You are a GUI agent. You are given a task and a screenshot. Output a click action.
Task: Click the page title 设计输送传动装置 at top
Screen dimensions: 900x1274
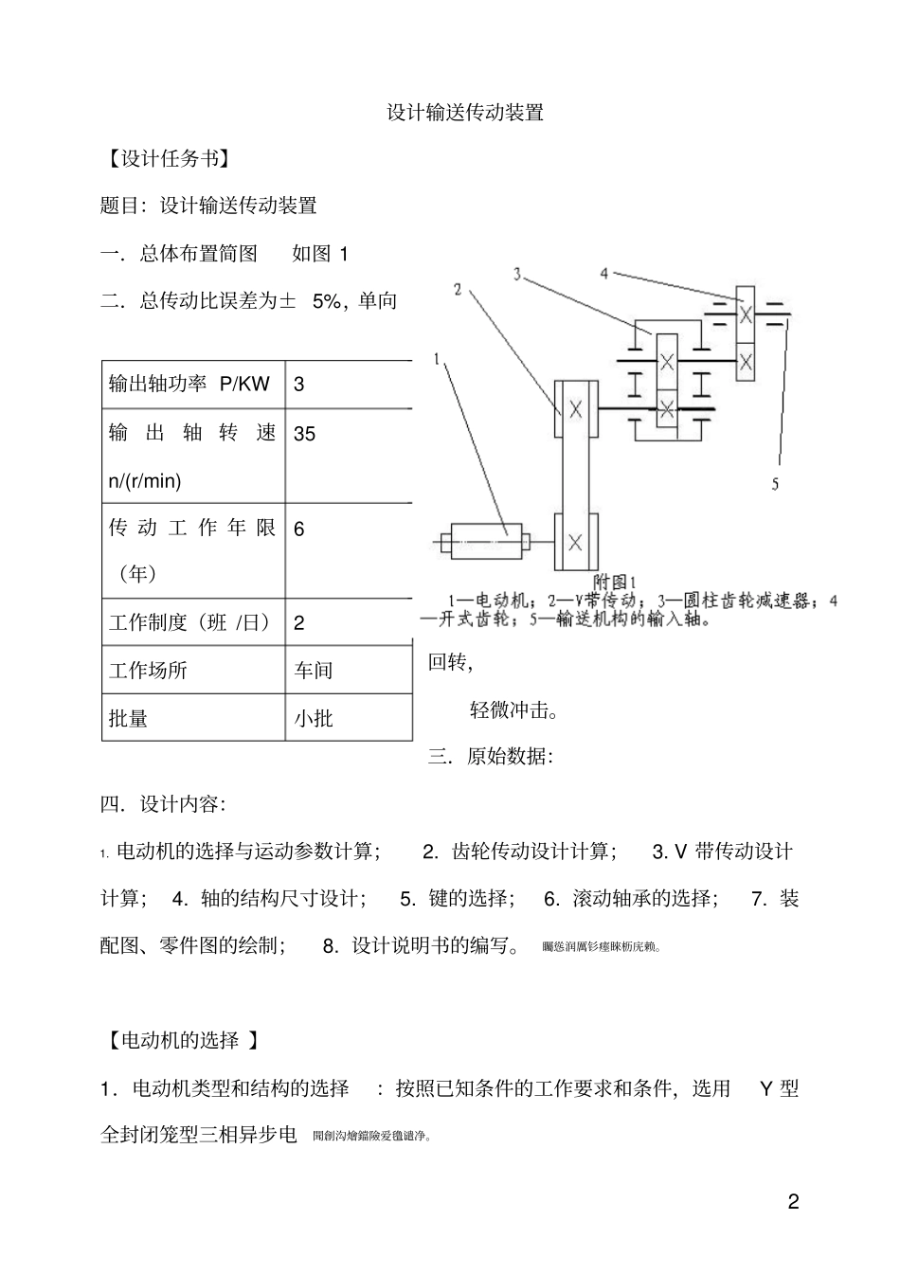pyautogui.click(x=464, y=113)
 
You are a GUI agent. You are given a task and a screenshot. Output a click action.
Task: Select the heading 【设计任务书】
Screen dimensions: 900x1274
pyautogui.click(x=167, y=159)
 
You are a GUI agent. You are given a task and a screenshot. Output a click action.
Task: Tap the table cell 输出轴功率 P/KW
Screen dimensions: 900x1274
pyautogui.click(x=189, y=384)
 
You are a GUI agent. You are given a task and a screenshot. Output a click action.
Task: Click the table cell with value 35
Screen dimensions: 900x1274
pyautogui.click(x=305, y=434)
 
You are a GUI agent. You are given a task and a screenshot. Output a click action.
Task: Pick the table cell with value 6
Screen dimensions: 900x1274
pyautogui.click(x=299, y=529)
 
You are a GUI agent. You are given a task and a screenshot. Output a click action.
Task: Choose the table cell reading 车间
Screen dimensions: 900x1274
pyautogui.click(x=314, y=671)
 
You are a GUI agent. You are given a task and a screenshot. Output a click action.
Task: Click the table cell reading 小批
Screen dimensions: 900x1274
pyautogui.click(x=314, y=718)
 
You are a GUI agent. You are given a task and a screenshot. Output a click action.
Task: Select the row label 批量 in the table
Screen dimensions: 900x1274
pyautogui.click(x=129, y=718)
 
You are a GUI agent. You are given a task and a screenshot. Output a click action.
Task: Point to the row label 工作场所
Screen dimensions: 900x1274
pyautogui.click(x=149, y=671)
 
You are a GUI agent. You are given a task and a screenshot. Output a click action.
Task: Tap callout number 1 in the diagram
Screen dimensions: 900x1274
pyautogui.click(x=437, y=360)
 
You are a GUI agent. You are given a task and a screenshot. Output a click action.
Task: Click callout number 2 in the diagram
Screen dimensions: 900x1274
pyautogui.click(x=458, y=290)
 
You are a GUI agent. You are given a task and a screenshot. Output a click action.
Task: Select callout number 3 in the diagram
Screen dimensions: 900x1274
pyautogui.click(x=517, y=274)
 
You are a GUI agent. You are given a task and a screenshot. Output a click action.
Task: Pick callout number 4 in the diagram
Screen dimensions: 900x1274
pyautogui.click(x=603, y=274)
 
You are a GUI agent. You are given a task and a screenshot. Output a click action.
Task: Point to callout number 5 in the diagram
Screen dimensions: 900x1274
pyautogui.click(x=775, y=484)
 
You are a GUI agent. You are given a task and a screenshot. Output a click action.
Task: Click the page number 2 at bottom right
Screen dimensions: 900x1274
pyautogui.click(x=794, y=1203)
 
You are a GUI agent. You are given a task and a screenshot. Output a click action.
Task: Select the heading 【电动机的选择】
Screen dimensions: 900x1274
pyautogui.click(x=180, y=1040)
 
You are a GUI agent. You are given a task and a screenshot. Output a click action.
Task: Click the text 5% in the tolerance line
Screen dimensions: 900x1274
pyautogui.click(x=326, y=301)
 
